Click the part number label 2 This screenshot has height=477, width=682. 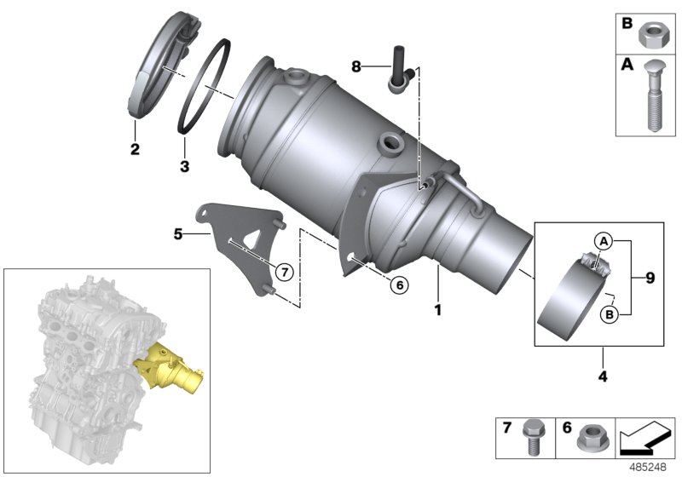(x=135, y=149)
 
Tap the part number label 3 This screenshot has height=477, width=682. (x=184, y=166)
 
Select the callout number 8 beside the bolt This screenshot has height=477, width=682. (x=356, y=67)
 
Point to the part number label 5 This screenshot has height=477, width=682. (x=178, y=234)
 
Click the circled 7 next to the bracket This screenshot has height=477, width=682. (x=285, y=273)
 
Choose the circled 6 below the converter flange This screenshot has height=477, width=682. (x=400, y=285)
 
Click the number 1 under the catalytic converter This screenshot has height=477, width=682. (x=437, y=310)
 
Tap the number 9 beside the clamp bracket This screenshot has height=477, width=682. (x=650, y=278)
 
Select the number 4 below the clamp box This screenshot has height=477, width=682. (x=603, y=376)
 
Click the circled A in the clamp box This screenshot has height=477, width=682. (x=604, y=241)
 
